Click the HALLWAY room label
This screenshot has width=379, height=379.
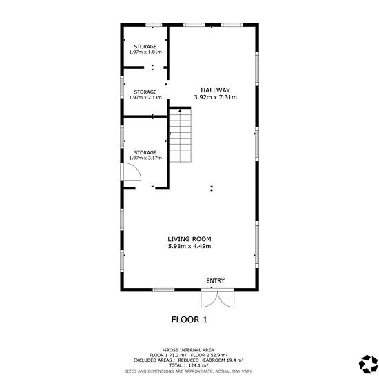pyautogui.click(x=216, y=90)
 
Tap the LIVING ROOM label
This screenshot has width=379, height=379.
pyautogui.click(x=189, y=239)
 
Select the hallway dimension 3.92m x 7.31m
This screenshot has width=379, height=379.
pyautogui.click(x=216, y=97)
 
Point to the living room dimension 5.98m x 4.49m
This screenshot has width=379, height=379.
pyautogui.click(x=189, y=246)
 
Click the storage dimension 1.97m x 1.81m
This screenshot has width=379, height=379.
pyautogui.click(x=145, y=52)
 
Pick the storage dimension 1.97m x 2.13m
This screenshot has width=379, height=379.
pyautogui.click(x=145, y=98)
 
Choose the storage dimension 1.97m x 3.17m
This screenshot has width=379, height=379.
pyautogui.click(x=145, y=158)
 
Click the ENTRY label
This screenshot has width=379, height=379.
pyautogui.click(x=216, y=280)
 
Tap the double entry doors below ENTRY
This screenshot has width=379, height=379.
pyautogui.click(x=218, y=299)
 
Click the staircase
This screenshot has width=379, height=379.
pyautogui.click(x=180, y=135)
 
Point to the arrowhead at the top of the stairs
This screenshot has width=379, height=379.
pyautogui.click(x=180, y=111)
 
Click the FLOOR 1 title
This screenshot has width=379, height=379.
pyautogui.click(x=189, y=320)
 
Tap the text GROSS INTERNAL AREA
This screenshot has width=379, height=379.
pyautogui.click(x=189, y=350)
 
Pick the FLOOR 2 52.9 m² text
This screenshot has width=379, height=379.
pyautogui.click(x=209, y=355)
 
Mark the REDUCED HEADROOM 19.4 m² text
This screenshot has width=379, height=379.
pyautogui.click(x=211, y=360)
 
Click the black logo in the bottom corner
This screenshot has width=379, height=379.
pyautogui.click(x=368, y=364)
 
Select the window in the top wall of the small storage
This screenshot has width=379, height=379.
pyautogui.click(x=154, y=25)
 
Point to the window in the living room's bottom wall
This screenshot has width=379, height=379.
pyautogui.click(x=164, y=290)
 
